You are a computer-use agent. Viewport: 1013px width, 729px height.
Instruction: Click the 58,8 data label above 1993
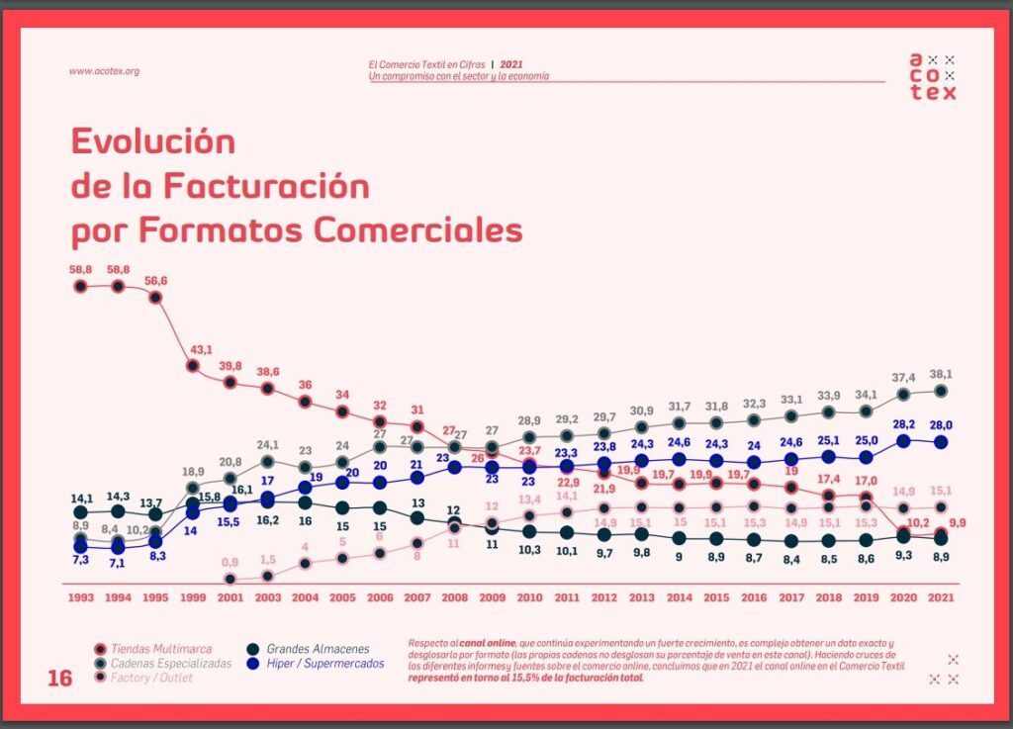point(81,269)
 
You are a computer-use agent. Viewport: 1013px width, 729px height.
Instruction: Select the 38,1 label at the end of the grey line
point(940,374)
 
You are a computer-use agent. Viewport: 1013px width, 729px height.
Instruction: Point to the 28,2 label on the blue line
point(902,425)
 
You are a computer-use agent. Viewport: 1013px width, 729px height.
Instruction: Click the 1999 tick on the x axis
point(193,597)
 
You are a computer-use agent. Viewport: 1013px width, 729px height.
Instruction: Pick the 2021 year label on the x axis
point(940,597)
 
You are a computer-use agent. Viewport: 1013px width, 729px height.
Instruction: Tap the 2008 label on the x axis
point(454,597)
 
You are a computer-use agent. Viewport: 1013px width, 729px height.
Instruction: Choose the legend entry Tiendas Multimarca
point(160,649)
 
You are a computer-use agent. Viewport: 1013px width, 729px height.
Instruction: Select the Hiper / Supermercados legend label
point(324,664)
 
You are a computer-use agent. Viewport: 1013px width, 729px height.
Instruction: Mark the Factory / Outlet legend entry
point(151,678)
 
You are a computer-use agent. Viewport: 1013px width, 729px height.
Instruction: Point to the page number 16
point(60,678)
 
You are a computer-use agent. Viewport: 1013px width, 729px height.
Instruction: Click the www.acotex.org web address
point(104,71)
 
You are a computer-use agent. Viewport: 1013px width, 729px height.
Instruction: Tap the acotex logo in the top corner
point(933,76)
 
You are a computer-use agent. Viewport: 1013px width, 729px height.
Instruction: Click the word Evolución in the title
point(153,141)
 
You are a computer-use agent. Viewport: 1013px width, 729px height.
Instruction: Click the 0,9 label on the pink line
point(230,562)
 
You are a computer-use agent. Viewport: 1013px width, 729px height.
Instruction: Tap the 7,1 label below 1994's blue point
point(118,563)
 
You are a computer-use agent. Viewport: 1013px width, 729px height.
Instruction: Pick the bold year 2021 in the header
point(511,64)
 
